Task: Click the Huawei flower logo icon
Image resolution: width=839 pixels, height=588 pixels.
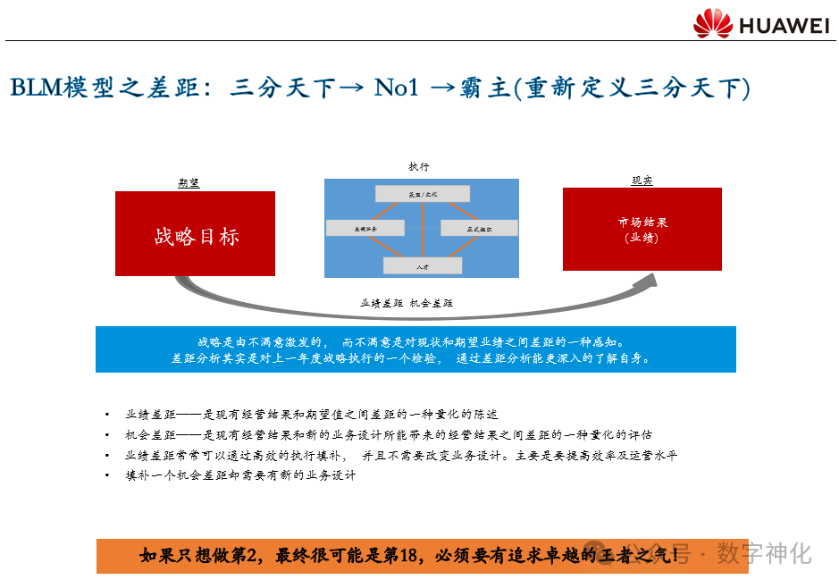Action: pos(712,23)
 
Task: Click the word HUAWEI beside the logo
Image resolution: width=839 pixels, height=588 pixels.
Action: pos(784,25)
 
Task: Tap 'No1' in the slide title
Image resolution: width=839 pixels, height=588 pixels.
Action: pos(396,88)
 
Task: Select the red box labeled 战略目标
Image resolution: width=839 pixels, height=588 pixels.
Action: pos(195,233)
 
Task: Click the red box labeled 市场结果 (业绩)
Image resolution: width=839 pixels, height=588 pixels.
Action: pos(642,229)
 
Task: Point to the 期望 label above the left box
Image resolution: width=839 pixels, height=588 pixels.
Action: pos(189,182)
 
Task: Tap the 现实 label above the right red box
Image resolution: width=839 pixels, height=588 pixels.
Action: pos(642,180)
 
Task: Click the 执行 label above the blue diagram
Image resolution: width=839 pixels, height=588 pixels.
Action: pos(419,166)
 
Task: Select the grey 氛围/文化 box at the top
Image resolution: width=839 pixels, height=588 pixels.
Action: pos(422,194)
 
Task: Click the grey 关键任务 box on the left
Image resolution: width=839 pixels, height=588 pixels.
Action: pos(365,229)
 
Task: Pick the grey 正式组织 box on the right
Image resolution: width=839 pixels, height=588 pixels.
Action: pos(479,229)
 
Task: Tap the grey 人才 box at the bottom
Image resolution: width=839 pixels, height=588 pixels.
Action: pos(422,265)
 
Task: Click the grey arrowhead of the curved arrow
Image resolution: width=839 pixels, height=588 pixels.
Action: pos(648,281)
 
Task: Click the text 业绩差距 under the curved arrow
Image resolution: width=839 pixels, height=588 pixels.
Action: pos(382,304)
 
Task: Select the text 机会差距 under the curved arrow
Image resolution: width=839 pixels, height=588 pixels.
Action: pos(432,304)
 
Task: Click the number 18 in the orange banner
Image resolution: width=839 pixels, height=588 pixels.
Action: pos(408,556)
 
